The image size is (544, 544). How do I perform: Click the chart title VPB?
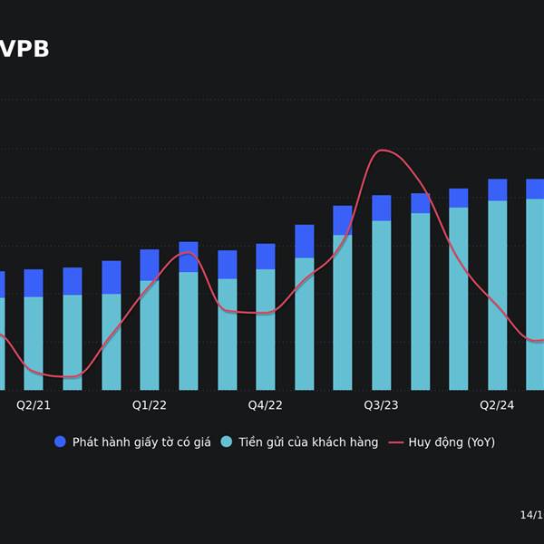coord(24,50)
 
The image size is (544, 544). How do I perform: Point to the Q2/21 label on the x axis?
coord(34,405)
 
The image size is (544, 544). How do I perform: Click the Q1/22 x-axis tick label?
coord(150,405)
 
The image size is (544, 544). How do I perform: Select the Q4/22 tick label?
coord(266,405)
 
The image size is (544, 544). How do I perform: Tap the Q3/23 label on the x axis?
coord(382,405)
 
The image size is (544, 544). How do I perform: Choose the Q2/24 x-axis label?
coord(497,405)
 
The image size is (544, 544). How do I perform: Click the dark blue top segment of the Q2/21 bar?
coord(34,283)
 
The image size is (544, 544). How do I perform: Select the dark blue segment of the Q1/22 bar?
coord(150,265)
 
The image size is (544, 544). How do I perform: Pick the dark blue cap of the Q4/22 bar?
coord(266,257)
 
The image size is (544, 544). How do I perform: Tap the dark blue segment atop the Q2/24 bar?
coord(497,189)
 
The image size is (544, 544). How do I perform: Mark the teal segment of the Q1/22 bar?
coord(150,335)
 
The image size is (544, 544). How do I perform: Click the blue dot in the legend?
coord(61,442)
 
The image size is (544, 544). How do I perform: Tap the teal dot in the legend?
coord(227,442)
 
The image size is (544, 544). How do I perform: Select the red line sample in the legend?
coord(395,442)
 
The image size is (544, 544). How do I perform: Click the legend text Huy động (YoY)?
coord(452,442)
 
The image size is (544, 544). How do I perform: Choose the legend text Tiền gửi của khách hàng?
coord(308,442)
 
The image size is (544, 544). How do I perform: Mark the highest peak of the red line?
coord(383,151)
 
